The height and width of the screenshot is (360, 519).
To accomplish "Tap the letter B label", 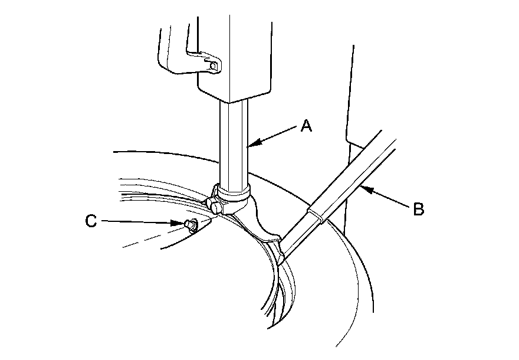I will [x=418, y=209].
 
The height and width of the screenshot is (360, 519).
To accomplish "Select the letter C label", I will [x=91, y=221].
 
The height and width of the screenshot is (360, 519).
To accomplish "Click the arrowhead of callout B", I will [x=362, y=189].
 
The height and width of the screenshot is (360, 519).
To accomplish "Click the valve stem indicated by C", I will [x=190, y=225].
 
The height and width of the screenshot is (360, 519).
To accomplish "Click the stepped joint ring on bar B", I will [x=315, y=213].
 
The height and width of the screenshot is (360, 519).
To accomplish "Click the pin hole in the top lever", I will [x=213, y=64].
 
